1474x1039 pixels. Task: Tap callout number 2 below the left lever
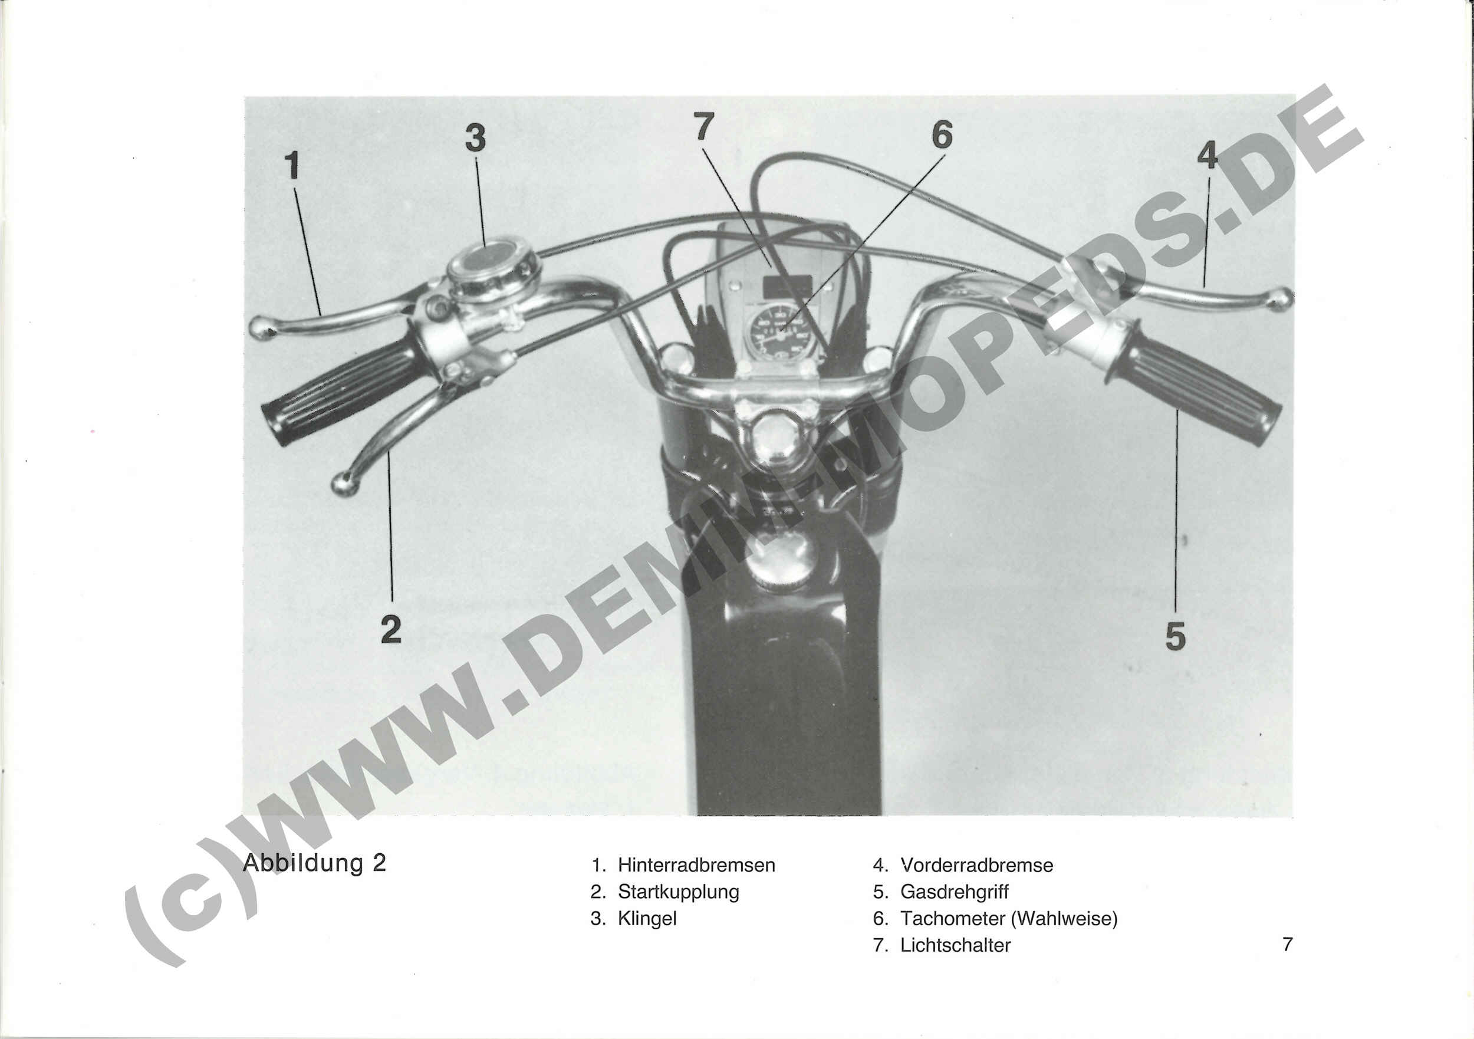click(x=391, y=629)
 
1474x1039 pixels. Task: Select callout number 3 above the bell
click(x=475, y=138)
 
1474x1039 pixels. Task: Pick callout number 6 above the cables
click(x=942, y=134)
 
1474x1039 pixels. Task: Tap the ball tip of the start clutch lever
click(x=345, y=484)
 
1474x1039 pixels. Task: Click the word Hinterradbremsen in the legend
click(x=696, y=865)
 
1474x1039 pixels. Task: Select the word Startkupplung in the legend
click(x=679, y=892)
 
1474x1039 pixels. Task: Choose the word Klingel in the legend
click(x=647, y=919)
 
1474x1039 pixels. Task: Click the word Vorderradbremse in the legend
click(x=976, y=865)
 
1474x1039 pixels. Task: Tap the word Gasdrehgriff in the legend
click(x=955, y=892)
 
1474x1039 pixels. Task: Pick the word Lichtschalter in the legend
click(x=955, y=945)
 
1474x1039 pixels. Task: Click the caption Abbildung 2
click(x=315, y=863)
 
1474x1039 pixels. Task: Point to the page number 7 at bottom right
click(x=1287, y=945)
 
